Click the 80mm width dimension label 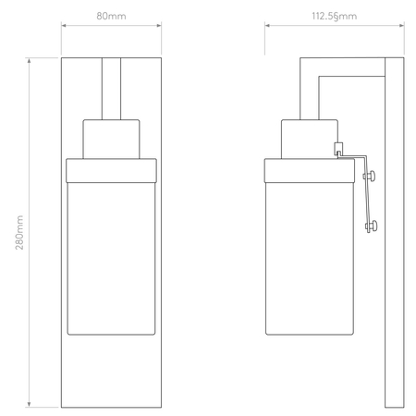point(111,16)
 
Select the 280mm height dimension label point(19,232)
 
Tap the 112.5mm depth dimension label point(335,16)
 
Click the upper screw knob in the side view point(370,176)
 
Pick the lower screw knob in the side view point(372,226)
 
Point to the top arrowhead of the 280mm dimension point(30,60)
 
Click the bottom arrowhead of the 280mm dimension point(30,404)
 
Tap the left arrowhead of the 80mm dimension point(64,25)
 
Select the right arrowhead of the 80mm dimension point(158,25)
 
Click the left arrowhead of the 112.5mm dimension point(268,25)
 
